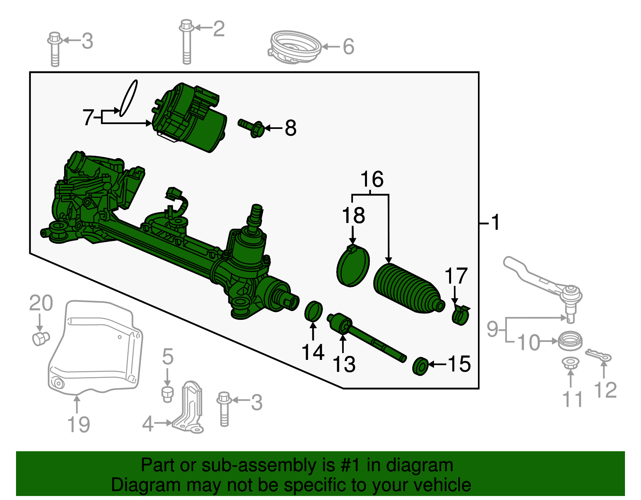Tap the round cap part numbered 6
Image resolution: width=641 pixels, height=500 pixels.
[x=295, y=47]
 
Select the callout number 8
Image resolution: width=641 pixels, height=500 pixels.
[x=290, y=129]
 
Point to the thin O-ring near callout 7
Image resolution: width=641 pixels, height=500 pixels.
[x=129, y=98]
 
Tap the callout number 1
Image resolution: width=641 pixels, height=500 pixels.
[x=496, y=223]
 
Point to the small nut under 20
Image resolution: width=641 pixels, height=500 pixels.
[x=40, y=338]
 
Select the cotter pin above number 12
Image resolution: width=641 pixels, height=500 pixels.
[x=598, y=355]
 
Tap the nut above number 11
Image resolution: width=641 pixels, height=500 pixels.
[x=570, y=363]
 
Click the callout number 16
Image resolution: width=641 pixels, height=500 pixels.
[x=372, y=179]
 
